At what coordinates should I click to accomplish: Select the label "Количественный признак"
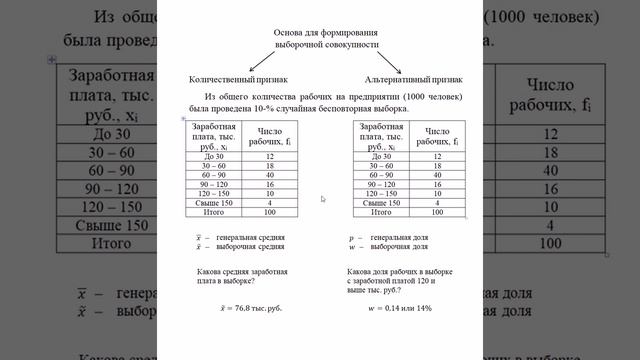(239, 78)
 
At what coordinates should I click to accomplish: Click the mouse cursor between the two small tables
(323, 199)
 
